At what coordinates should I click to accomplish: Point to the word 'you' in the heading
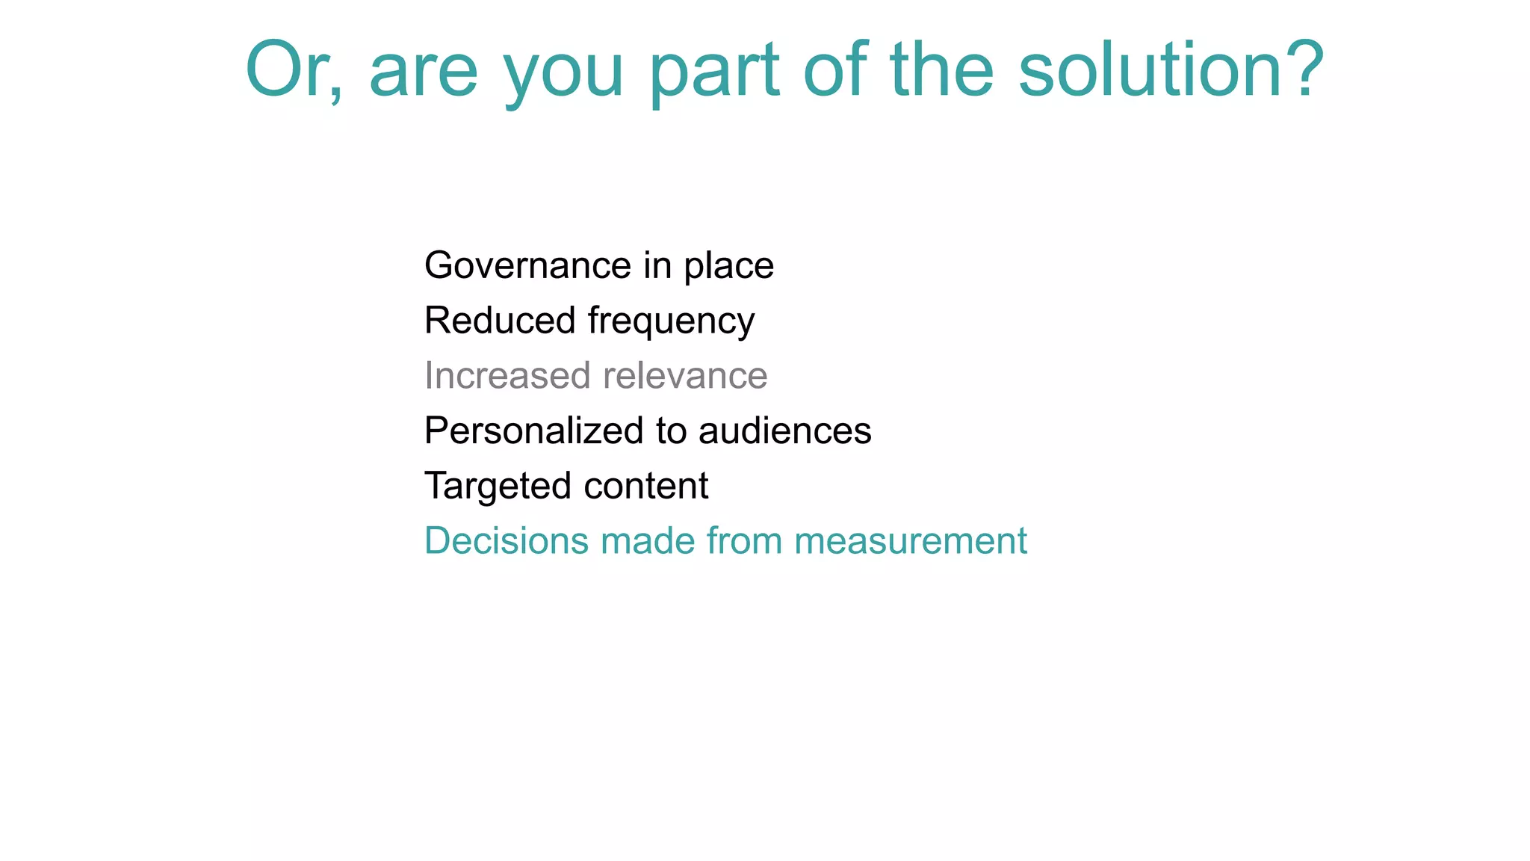[x=564, y=75]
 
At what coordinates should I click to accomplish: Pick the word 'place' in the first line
[x=729, y=267]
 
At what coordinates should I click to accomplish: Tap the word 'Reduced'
[x=500, y=320]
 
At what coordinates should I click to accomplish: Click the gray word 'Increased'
[x=507, y=375]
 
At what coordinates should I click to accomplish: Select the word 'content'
[x=646, y=486]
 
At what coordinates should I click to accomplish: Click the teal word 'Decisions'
[x=507, y=540]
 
